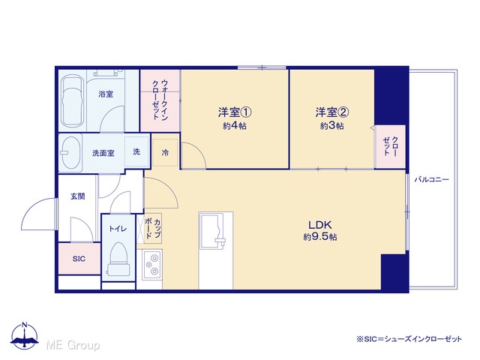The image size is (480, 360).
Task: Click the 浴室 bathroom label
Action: click(106, 94)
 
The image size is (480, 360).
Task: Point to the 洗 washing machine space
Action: click(136, 151)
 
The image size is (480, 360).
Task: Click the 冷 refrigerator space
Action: click(165, 152)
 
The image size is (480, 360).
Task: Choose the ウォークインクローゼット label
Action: click(160, 100)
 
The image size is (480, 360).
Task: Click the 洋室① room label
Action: click(235, 112)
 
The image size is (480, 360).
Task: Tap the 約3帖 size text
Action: click(331, 125)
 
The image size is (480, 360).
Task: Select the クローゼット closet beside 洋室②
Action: click(391, 146)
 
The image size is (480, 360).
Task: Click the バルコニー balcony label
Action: click(432, 180)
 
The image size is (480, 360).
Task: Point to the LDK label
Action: click(320, 225)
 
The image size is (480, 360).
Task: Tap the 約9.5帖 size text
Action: click(320, 237)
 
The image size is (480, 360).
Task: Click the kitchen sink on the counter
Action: click(212, 231)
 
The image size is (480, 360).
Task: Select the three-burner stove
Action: click(152, 264)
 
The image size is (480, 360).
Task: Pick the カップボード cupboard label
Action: click(153, 228)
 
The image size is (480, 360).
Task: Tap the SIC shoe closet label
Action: click(79, 259)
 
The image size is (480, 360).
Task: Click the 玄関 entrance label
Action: click(78, 196)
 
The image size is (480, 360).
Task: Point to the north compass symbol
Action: click(25, 336)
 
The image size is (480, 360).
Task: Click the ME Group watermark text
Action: click(73, 345)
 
